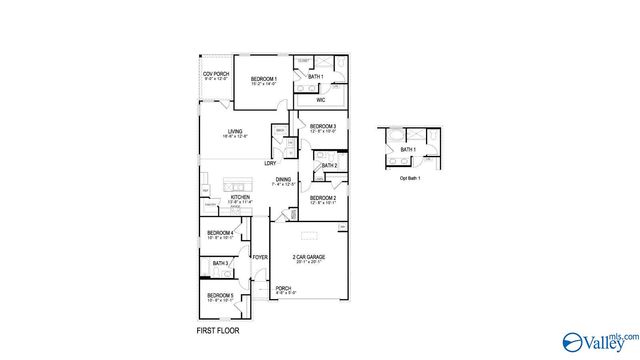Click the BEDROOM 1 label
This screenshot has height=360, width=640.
click(264, 79)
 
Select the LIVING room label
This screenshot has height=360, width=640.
click(235, 131)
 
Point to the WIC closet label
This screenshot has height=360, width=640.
click(320, 100)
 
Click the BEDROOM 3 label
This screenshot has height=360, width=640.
click(322, 127)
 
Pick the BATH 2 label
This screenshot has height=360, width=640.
click(329, 165)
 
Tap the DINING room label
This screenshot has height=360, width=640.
click(284, 180)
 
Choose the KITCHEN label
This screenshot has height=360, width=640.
click(241, 198)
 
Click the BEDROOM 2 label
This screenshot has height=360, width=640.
click(322, 199)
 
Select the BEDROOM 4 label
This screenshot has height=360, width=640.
click(219, 233)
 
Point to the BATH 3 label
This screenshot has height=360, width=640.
click(219, 263)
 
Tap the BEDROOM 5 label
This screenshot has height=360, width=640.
click(219, 295)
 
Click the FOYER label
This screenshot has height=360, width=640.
click(260, 258)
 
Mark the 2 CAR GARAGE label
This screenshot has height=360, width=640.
click(308, 258)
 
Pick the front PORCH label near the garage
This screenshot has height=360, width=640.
click(283, 289)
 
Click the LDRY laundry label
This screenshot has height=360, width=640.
click(270, 163)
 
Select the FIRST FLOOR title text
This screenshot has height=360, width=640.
click(218, 330)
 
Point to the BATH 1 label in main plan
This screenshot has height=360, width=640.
click(315, 77)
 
